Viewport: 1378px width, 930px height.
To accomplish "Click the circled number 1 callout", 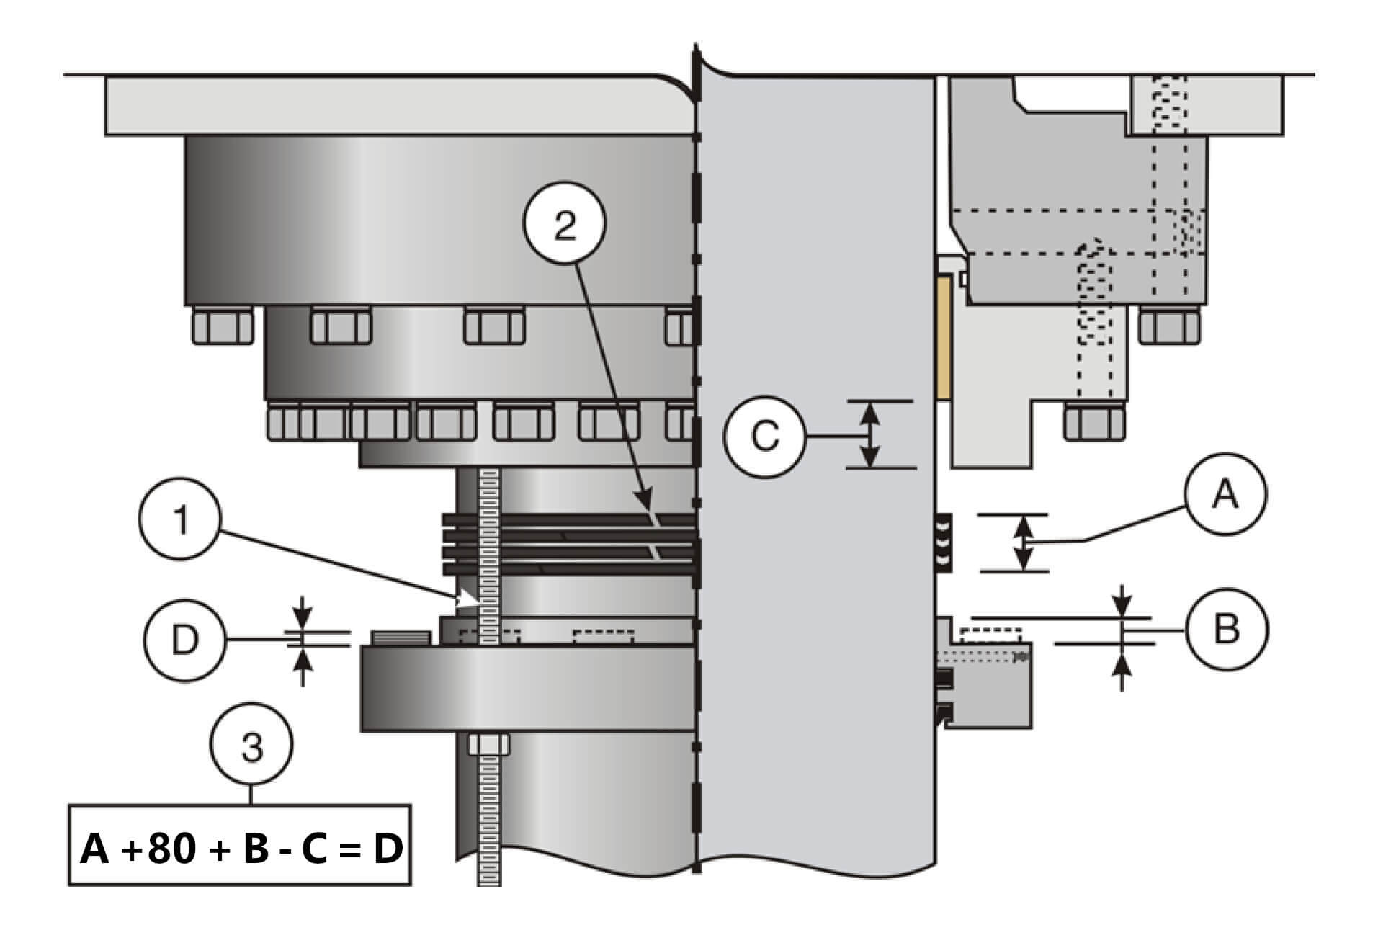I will click(x=182, y=519).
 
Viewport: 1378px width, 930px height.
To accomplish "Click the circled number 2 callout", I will click(x=565, y=225).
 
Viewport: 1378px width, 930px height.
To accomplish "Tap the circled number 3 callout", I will click(x=251, y=747).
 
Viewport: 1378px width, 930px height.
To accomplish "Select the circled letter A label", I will click(x=1225, y=495).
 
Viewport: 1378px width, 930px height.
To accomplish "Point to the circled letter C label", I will click(x=764, y=436).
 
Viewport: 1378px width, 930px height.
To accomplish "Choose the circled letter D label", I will click(x=184, y=640).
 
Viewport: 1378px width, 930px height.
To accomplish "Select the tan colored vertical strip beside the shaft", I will click(x=943, y=339).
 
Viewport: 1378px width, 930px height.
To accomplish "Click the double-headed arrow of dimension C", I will click(x=869, y=434).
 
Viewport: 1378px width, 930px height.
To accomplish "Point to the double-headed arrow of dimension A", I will click(x=1024, y=543).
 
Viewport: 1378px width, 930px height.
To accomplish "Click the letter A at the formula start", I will click(x=95, y=849).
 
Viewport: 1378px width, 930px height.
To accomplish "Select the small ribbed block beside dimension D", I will click(x=401, y=637).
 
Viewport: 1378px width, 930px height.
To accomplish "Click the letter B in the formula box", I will click(x=256, y=849).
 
